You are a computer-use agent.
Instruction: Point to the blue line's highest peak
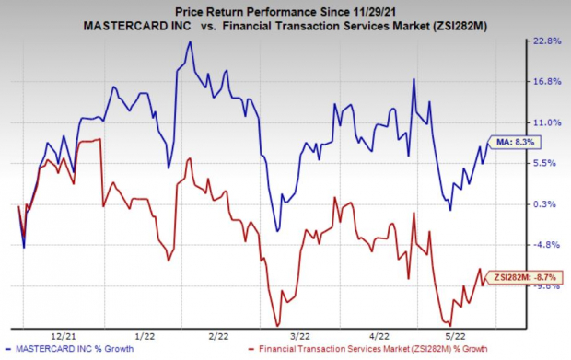coord(190,41)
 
